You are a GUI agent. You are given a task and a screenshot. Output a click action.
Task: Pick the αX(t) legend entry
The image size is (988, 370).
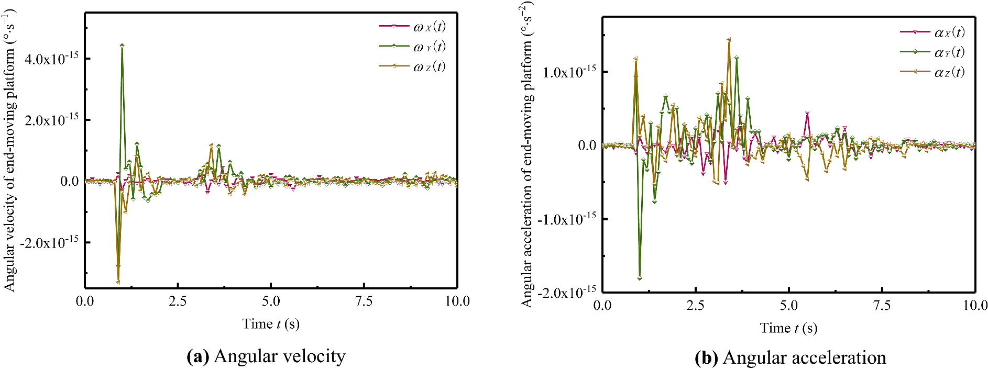pos(932,32)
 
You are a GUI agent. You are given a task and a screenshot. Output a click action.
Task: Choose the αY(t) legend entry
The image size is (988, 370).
pos(932,52)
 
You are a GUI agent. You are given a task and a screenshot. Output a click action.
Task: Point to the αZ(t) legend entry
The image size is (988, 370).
pos(932,72)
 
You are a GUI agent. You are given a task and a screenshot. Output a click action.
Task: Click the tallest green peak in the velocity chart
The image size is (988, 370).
pos(122,46)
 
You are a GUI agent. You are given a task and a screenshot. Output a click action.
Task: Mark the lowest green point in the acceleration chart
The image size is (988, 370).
pos(640,278)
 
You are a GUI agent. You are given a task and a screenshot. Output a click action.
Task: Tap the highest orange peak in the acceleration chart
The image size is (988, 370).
pos(729,39)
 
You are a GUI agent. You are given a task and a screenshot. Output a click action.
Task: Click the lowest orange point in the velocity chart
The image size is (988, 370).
pos(118,282)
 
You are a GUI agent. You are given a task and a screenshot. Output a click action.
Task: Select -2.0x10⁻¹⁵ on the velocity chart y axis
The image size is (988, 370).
pos(49,242)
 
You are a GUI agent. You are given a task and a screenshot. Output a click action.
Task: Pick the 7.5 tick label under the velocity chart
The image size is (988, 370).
pos(364,301)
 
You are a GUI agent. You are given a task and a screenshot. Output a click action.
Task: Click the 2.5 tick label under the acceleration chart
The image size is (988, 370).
pos(695,306)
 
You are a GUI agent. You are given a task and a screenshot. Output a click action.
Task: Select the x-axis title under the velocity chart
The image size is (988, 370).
pos(271,324)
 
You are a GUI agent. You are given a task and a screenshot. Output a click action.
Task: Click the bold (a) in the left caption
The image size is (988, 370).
pos(198,356)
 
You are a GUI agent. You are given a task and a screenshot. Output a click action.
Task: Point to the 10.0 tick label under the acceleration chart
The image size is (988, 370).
pos(975,306)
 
